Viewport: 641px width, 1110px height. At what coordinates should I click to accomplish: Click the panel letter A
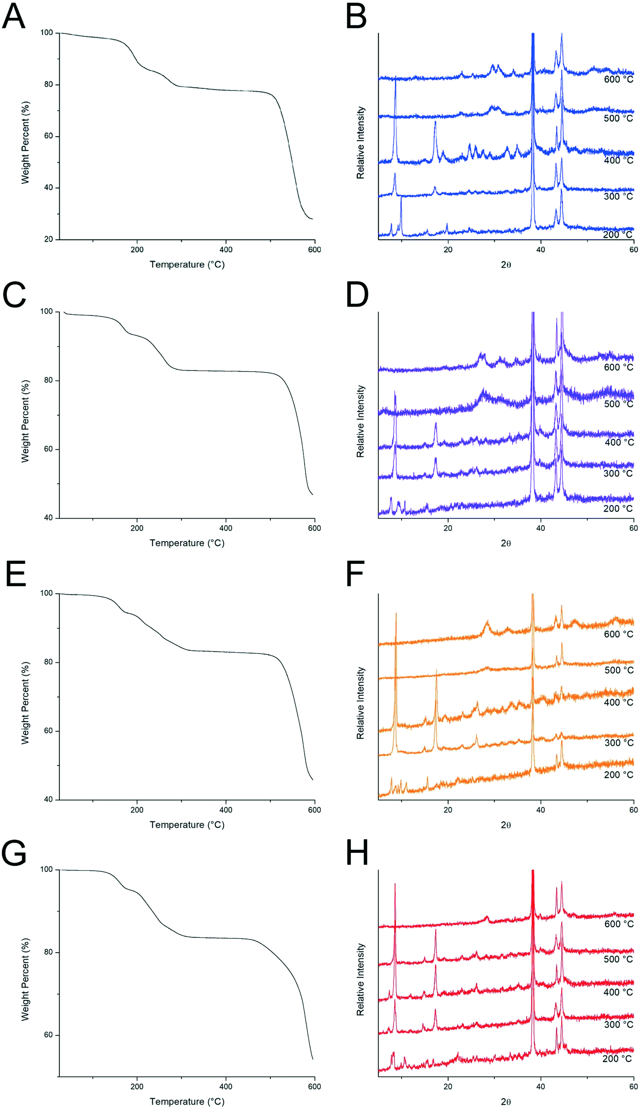14,17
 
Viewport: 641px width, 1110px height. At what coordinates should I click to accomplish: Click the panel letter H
357,853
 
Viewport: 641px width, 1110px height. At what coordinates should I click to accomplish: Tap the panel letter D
357,296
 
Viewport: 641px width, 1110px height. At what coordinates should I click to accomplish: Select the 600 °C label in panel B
618,80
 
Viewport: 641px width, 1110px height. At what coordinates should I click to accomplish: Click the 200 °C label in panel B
617,235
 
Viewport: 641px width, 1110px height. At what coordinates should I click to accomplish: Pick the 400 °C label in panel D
619,442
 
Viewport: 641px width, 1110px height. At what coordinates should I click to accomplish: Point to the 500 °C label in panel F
618,670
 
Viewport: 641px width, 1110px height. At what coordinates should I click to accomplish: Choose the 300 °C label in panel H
618,1024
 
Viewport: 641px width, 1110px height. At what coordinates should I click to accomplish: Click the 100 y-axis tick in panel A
46,33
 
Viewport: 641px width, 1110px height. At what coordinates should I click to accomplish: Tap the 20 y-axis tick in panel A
48,239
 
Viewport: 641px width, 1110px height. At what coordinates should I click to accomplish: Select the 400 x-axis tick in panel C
226,528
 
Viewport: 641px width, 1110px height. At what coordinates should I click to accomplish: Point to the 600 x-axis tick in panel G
314,1087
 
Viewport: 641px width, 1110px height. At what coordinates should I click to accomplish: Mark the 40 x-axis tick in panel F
540,810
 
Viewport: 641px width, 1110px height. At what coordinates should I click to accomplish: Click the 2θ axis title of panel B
506,265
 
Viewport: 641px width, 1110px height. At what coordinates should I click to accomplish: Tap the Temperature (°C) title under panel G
187,1102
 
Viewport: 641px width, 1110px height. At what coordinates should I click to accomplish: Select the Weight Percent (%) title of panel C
25,421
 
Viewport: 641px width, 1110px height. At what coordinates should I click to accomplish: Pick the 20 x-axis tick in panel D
448,528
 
